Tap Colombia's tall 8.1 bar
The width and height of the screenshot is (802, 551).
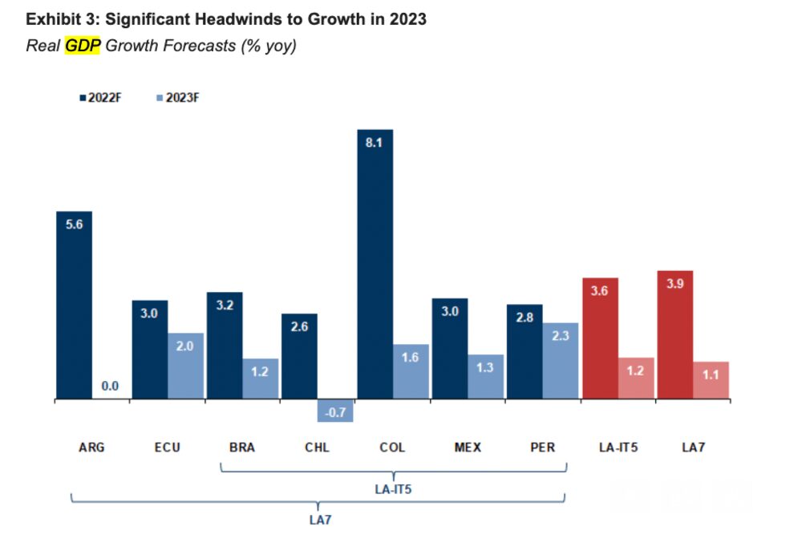(x=375, y=265)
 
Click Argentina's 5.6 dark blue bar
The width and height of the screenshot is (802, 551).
(x=74, y=305)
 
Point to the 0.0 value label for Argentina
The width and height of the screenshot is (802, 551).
(x=110, y=387)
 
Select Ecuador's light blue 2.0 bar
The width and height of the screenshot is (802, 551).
(x=185, y=365)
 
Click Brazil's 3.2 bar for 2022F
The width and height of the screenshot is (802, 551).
(x=225, y=345)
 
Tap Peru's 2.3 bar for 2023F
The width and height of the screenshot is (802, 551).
(x=561, y=360)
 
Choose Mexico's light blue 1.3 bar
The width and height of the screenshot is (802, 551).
(x=486, y=376)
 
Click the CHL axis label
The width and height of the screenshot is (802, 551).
(x=317, y=448)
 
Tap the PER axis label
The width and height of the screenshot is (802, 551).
(x=543, y=448)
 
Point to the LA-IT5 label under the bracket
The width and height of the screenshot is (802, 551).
(x=393, y=487)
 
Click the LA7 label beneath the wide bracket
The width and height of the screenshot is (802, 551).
(x=320, y=520)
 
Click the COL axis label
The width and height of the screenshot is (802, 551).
(x=392, y=448)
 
